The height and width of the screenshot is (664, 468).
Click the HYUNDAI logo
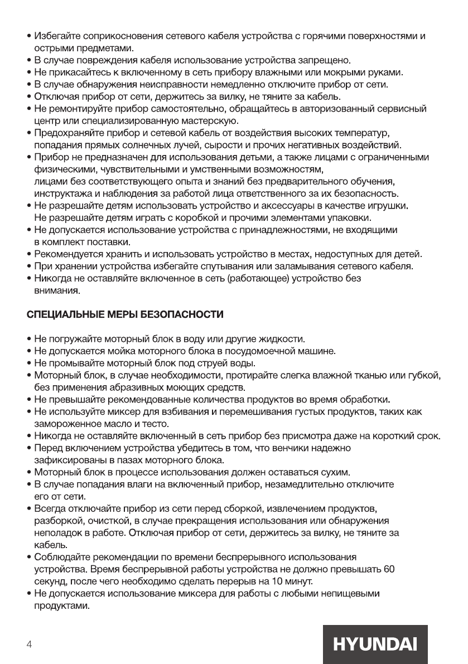coord(375,644)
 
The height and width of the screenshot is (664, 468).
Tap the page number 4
coord(29,645)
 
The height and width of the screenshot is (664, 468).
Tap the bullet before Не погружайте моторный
coord(28,339)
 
